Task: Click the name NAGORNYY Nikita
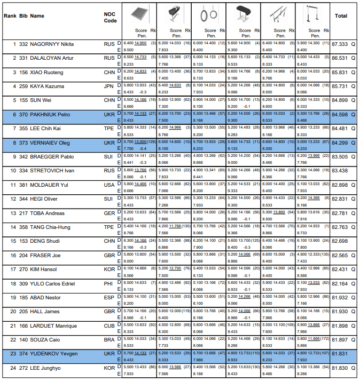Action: [x=51, y=44]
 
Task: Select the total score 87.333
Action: [x=340, y=44]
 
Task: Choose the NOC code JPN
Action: [x=109, y=85]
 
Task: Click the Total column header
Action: [x=340, y=16]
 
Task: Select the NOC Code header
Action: [x=110, y=18]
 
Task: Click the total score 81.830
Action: [x=340, y=368]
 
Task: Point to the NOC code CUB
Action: [x=109, y=326]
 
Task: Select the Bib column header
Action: [x=23, y=16]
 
